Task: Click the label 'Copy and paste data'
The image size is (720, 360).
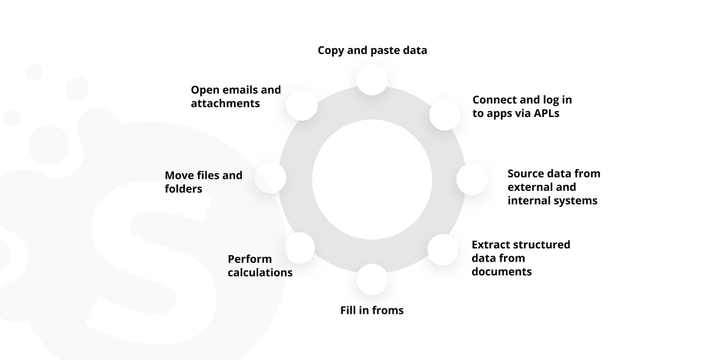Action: [372, 50]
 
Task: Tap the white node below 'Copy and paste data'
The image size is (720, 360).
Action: [372, 79]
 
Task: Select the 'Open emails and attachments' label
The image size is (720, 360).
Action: [236, 97]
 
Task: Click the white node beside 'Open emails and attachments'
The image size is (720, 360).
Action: [302, 105]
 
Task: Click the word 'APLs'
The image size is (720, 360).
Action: [547, 113]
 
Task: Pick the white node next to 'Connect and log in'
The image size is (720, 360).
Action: [445, 115]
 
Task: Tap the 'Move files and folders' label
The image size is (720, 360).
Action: [203, 182]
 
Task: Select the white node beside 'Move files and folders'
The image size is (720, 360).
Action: [271, 178]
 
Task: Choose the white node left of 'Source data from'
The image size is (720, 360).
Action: [472, 179]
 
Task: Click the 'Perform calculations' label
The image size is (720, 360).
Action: [260, 266]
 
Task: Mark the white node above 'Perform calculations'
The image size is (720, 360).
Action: [299, 248]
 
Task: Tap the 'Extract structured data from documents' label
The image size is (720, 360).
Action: [521, 258]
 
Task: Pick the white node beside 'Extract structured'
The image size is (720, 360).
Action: [443, 250]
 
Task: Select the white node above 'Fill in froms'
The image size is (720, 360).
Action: [372, 280]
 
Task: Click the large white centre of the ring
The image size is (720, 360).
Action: [372, 179]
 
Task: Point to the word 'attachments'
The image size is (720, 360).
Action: [225, 103]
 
